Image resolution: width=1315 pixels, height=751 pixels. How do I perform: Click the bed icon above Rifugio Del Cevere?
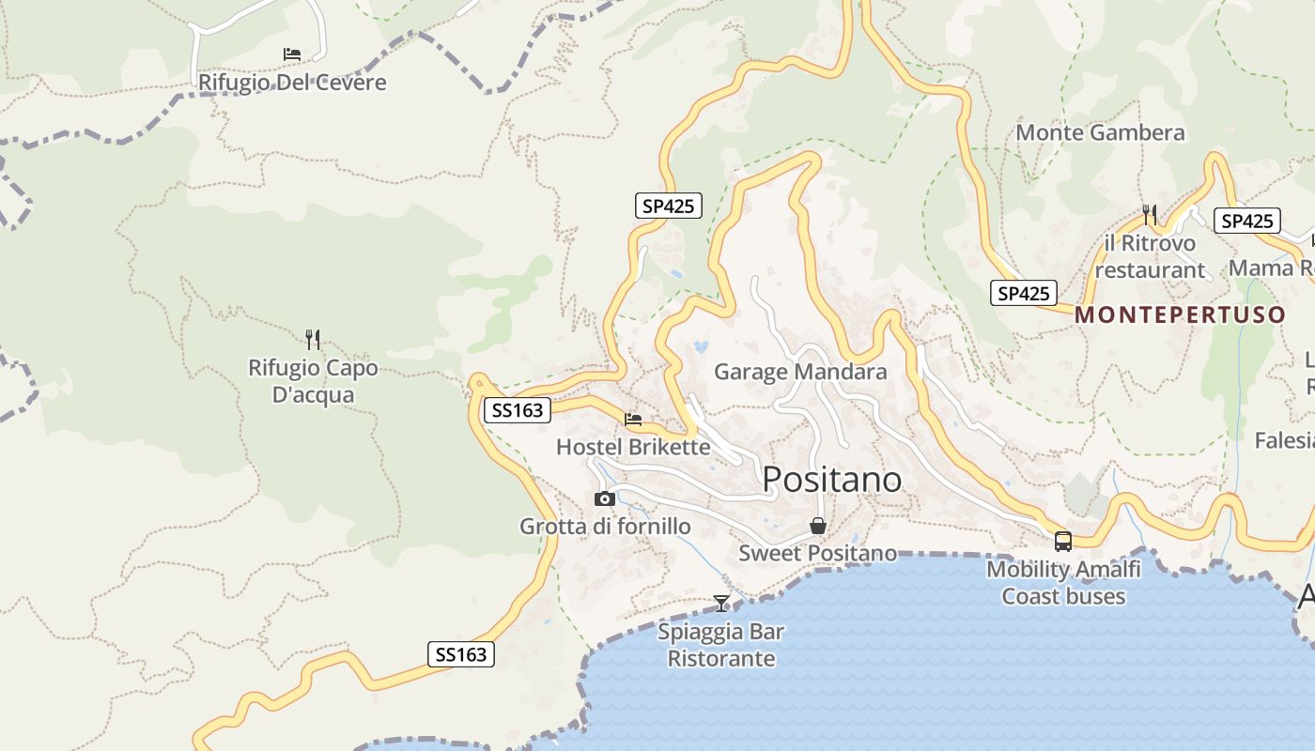coord(292,54)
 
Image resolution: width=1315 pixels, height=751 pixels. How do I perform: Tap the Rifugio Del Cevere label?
coord(292,83)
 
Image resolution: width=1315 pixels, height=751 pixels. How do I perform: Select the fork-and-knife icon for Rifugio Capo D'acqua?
coord(313,339)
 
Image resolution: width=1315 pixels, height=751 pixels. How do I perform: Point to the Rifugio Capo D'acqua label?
coord(313,381)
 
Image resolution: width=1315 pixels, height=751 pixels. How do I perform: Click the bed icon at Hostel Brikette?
coord(633,419)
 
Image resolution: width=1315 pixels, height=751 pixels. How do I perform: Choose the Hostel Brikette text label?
coord(633,447)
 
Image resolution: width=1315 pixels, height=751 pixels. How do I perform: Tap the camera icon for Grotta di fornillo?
coord(605,498)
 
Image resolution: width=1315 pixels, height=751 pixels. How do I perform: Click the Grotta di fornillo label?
coord(605,527)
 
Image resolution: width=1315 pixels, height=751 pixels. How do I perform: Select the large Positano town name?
coord(831,480)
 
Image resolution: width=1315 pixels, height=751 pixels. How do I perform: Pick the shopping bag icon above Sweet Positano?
coord(818,526)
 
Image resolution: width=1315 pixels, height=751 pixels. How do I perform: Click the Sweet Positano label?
coord(817,553)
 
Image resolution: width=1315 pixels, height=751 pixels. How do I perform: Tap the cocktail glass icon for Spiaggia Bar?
coord(721,603)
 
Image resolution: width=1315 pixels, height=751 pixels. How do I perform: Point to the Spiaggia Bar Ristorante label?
coord(721,644)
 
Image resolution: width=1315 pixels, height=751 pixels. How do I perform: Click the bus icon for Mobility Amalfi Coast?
coord(1063,541)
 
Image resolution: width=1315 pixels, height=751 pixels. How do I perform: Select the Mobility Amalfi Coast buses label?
coord(1063,582)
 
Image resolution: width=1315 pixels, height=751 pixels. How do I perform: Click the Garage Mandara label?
coord(800,372)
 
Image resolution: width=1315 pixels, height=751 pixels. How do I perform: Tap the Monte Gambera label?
coord(1100,132)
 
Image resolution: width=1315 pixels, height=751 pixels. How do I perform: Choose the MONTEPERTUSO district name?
coord(1180,314)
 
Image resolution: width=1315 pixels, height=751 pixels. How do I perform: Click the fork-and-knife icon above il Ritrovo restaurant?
coord(1150,214)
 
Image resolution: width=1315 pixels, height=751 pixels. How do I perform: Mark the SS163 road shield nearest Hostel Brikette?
coord(517,410)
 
